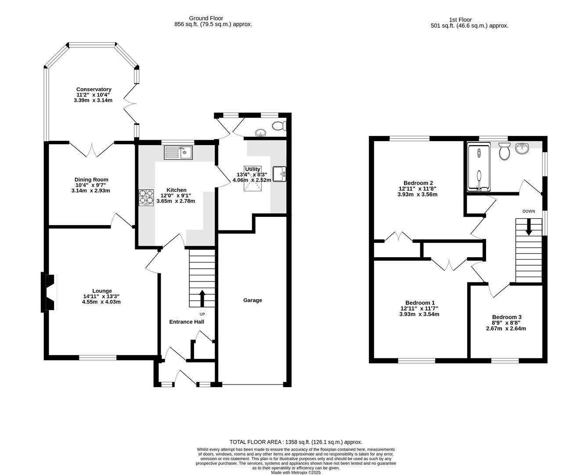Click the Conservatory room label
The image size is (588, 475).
94,89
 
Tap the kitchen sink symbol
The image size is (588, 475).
178,153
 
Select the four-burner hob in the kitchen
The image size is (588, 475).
146,197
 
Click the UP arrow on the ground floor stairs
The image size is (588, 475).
202,298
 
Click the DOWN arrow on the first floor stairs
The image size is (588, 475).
529,227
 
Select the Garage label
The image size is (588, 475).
253,300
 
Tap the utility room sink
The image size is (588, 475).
279,174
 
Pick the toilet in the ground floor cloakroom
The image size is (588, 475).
278,126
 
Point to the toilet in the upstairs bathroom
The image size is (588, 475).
504,152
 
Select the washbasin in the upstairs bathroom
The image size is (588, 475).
522,149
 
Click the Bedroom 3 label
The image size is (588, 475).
507,317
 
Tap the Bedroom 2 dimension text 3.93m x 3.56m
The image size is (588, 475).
417,194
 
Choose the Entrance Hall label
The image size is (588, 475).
187,322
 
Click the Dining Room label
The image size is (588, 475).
91,179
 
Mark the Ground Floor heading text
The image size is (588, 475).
206,18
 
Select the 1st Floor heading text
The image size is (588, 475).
460,19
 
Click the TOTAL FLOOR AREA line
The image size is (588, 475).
296,442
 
